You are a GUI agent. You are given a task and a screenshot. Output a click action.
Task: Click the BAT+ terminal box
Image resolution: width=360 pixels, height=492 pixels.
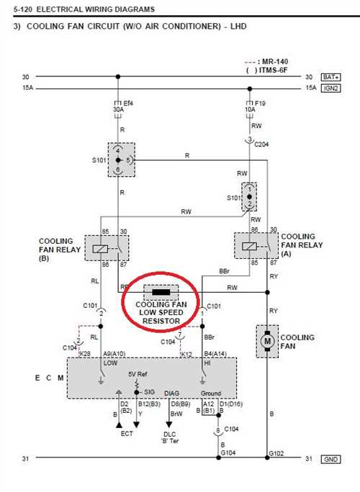pyautogui.click(x=330, y=77)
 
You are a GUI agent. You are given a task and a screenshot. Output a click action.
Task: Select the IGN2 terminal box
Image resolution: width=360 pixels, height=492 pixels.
pyautogui.click(x=330, y=88)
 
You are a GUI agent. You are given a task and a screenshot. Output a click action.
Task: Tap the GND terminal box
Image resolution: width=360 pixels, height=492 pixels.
pyautogui.click(x=330, y=460)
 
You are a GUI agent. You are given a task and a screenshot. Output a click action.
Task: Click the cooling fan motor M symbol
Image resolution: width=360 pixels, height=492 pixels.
pyautogui.click(x=267, y=341)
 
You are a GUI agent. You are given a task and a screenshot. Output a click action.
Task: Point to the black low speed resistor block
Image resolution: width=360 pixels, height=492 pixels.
pyautogui.click(x=161, y=293)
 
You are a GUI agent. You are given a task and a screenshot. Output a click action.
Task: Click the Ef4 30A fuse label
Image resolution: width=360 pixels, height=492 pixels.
pyautogui.click(x=123, y=106)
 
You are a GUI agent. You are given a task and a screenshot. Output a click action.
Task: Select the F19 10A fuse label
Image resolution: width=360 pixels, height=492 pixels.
pyautogui.click(x=255, y=106)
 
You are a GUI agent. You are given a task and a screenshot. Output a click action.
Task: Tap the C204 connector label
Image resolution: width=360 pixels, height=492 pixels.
pyautogui.click(x=261, y=145)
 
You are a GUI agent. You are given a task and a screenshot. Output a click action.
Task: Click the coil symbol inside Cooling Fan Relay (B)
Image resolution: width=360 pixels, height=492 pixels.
pyautogui.click(x=101, y=249)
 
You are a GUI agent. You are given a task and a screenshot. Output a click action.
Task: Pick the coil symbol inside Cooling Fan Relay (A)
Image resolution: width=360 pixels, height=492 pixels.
pyautogui.click(x=249, y=246)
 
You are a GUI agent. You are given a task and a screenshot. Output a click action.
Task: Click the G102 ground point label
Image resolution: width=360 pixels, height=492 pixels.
pyautogui.click(x=276, y=453)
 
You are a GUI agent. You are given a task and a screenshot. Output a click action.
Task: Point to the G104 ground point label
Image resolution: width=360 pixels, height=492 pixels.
pyautogui.click(x=228, y=452)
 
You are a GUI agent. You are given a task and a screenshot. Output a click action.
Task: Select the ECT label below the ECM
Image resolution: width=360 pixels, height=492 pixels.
pyautogui.click(x=127, y=434)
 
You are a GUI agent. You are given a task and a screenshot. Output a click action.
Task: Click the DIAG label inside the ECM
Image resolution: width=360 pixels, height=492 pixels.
pyautogui.click(x=171, y=393)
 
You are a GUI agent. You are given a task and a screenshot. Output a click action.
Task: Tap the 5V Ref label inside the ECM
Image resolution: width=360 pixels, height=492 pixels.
pyautogui.click(x=138, y=374)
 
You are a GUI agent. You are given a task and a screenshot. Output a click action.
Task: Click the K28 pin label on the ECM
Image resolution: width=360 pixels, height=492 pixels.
pyautogui.click(x=85, y=354)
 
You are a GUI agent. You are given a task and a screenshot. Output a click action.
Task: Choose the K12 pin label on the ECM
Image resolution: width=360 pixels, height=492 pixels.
pyautogui.click(x=186, y=354)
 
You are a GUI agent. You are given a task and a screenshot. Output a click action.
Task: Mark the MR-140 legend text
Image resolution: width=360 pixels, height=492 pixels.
pyautogui.click(x=275, y=62)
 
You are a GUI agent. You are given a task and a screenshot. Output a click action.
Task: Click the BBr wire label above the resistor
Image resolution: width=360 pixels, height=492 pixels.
pyautogui.click(x=225, y=271)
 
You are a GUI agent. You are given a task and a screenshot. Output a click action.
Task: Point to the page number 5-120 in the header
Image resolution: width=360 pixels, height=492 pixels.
pyautogui.click(x=22, y=9)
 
